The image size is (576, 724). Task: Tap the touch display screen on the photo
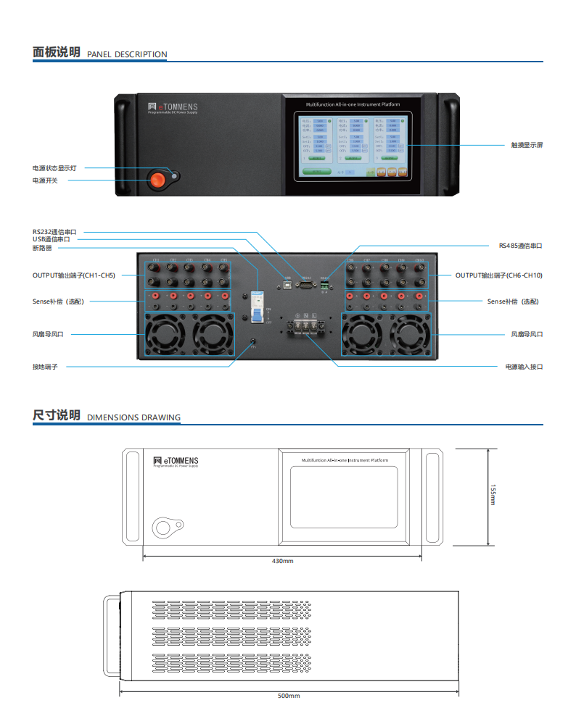352,145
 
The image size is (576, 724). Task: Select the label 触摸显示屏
527,145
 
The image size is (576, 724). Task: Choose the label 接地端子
45,367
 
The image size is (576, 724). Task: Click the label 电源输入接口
524,367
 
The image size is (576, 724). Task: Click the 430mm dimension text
282,561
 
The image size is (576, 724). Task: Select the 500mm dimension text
289,696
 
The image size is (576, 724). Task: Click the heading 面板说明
57,52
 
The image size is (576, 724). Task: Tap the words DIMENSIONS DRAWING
133,417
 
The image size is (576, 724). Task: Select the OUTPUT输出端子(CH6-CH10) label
498,275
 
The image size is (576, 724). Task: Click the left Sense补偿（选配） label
59,301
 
